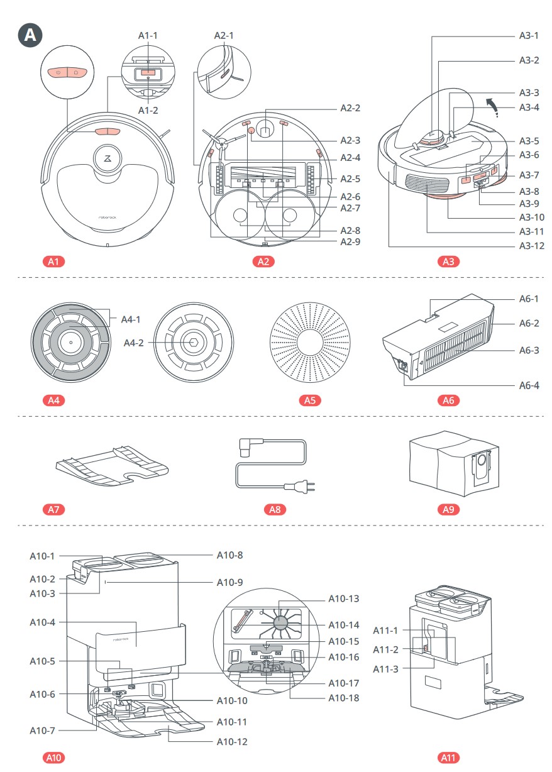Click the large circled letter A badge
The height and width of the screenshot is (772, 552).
pos(30,35)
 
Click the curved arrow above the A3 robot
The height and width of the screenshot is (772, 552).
pos(496,108)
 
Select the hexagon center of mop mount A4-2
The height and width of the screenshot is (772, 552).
pos(191,342)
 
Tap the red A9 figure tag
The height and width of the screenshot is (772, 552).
pos(448,509)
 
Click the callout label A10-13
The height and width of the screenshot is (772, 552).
pos(344,599)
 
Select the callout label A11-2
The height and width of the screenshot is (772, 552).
pos(386,649)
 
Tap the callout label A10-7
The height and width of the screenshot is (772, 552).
pos(43,731)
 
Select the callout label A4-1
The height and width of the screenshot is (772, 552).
pos(131,319)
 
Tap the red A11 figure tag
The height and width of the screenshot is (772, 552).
pos(448,758)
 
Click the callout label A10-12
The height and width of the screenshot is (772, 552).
pos(232,742)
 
